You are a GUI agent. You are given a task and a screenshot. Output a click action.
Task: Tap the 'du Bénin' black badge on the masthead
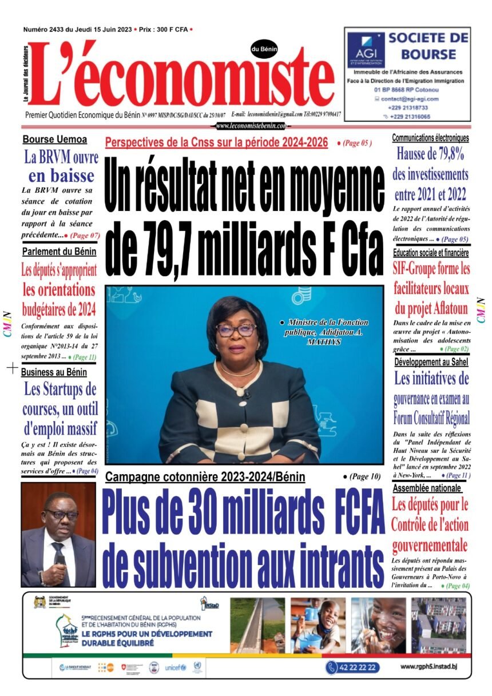264,50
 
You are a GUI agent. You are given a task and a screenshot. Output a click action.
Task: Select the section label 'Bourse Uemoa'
55,140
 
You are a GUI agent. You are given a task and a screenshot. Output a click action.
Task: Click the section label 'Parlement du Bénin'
59,252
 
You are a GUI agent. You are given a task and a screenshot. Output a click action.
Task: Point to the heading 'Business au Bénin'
54,372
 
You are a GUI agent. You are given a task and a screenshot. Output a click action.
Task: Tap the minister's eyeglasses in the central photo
236,329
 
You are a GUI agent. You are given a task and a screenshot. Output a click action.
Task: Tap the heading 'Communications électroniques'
430,138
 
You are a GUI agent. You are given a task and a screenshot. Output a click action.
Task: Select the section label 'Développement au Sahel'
431,361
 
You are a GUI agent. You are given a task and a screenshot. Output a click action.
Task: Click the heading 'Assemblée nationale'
427,488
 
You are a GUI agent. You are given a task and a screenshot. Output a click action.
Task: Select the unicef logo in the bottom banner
176,667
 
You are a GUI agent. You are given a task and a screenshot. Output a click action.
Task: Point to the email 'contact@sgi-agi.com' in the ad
410,98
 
